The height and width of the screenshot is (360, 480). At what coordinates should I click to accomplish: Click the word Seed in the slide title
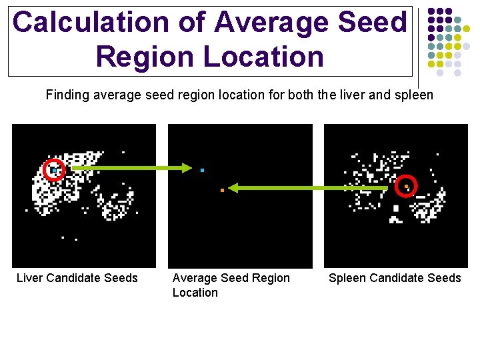coord(371,23)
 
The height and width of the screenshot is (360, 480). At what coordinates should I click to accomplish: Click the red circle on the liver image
coord(55,171)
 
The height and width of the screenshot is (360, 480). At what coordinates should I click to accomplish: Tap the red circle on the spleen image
coord(405,187)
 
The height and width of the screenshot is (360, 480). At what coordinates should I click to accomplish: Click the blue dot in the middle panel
coord(202,171)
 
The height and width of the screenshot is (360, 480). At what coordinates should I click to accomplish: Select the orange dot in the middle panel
coord(222,191)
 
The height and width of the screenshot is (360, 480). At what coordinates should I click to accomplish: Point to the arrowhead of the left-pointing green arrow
coord(234,189)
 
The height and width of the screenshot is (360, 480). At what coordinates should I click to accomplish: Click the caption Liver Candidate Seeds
coord(77,278)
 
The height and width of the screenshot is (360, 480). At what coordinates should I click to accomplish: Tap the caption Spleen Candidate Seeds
coord(395,278)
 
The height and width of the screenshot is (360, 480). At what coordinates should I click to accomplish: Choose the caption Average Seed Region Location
coord(231,285)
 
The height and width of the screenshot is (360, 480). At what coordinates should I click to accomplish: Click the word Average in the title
coord(272,23)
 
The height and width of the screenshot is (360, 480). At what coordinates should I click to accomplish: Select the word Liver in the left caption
coord(30,278)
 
